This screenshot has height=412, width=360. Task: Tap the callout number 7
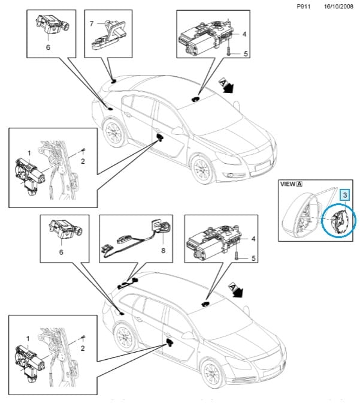[x=92, y=24]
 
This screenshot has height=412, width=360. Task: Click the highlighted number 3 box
[x=345, y=196]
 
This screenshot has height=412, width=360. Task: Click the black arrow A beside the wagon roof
[x=236, y=290]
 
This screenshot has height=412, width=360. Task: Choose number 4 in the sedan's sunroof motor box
[x=244, y=34]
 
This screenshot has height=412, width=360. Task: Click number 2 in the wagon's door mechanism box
[x=83, y=348]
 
